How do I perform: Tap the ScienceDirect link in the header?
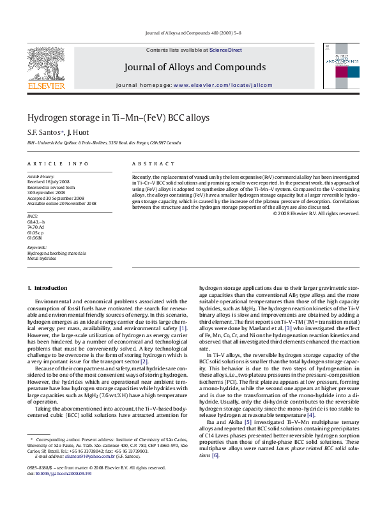225,49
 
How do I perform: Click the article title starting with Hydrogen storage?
118,117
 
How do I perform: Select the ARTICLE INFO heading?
57,164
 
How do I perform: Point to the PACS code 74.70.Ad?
36,227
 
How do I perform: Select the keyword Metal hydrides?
42,258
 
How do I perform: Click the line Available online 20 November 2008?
61,204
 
